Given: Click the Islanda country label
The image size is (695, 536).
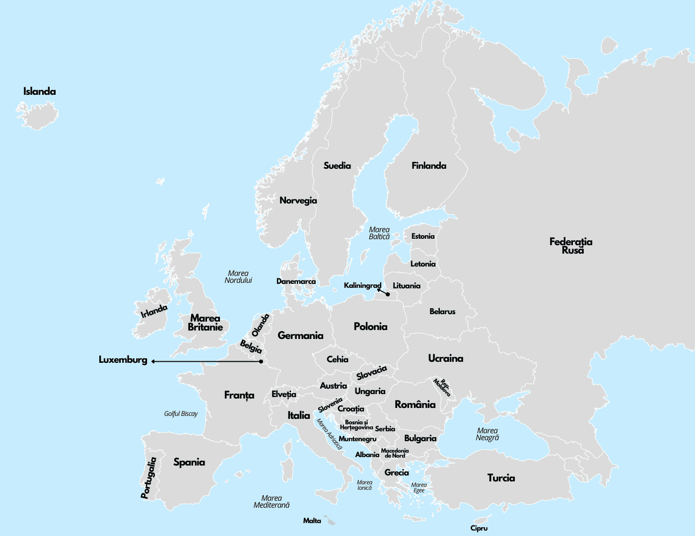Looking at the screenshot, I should pos(40,91).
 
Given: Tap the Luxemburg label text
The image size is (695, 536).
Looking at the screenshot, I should pos(123,360).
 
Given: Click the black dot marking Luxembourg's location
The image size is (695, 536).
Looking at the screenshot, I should pos(261,361).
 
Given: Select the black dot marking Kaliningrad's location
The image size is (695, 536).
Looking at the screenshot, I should pos(388,294).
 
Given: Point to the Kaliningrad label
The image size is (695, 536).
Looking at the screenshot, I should pos(362,285).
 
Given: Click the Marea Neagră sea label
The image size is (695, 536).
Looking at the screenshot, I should pos(487,434).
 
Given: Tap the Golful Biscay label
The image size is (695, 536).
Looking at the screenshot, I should pos(181,413).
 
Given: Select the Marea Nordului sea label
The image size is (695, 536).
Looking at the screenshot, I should pos(238,277).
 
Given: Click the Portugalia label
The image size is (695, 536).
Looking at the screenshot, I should pos(148,477).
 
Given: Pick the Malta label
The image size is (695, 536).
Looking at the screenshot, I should pos(312,521).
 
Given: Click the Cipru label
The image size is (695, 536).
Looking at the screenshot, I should pos(479,528).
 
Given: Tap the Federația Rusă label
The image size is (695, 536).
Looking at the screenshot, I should pos(571,246).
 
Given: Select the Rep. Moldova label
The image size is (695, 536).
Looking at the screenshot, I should pos(442,387).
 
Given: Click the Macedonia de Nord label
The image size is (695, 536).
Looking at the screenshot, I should pos(395,453).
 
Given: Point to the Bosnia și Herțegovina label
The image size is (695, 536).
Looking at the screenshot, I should pos(356,425).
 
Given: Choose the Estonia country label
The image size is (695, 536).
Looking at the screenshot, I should pos(422,236).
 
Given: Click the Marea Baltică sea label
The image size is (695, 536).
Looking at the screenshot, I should pos(379,233).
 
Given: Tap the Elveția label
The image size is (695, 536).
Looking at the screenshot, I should pos(283,394).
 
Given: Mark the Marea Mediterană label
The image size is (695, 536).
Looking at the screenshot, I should pos(272,501).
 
